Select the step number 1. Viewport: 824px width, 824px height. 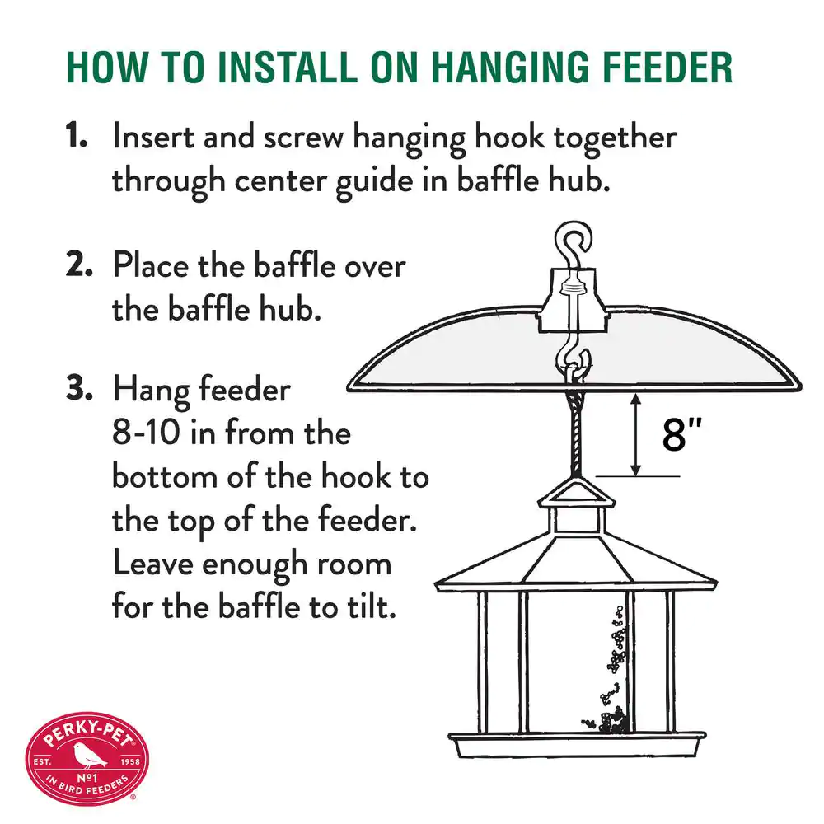pos(76,135)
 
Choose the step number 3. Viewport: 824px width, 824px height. pos(79,388)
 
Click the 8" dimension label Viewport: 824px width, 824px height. pos(681,434)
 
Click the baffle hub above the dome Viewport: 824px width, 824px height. pos(574,301)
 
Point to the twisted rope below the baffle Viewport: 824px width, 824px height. pos(575,433)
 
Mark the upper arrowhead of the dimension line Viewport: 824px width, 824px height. pos(636,400)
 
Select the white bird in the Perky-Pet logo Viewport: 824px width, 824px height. pos(88,755)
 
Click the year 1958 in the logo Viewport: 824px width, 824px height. pos(130,761)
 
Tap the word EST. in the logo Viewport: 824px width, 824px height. pos(42,761)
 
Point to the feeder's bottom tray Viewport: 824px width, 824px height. pos(577,745)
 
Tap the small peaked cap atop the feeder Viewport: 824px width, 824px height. pos(576,493)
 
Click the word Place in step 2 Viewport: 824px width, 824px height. pos(150,265)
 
